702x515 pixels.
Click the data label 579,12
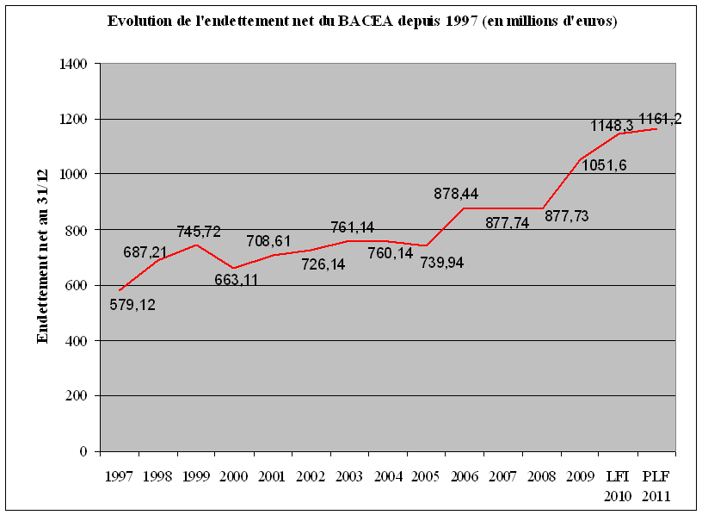132,304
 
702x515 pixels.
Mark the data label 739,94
442,262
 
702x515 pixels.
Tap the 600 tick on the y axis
79,285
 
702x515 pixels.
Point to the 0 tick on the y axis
84,451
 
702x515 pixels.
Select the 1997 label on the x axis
120,476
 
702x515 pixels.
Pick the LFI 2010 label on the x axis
618,486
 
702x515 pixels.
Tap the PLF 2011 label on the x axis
656,486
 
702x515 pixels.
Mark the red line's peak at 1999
197,245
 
